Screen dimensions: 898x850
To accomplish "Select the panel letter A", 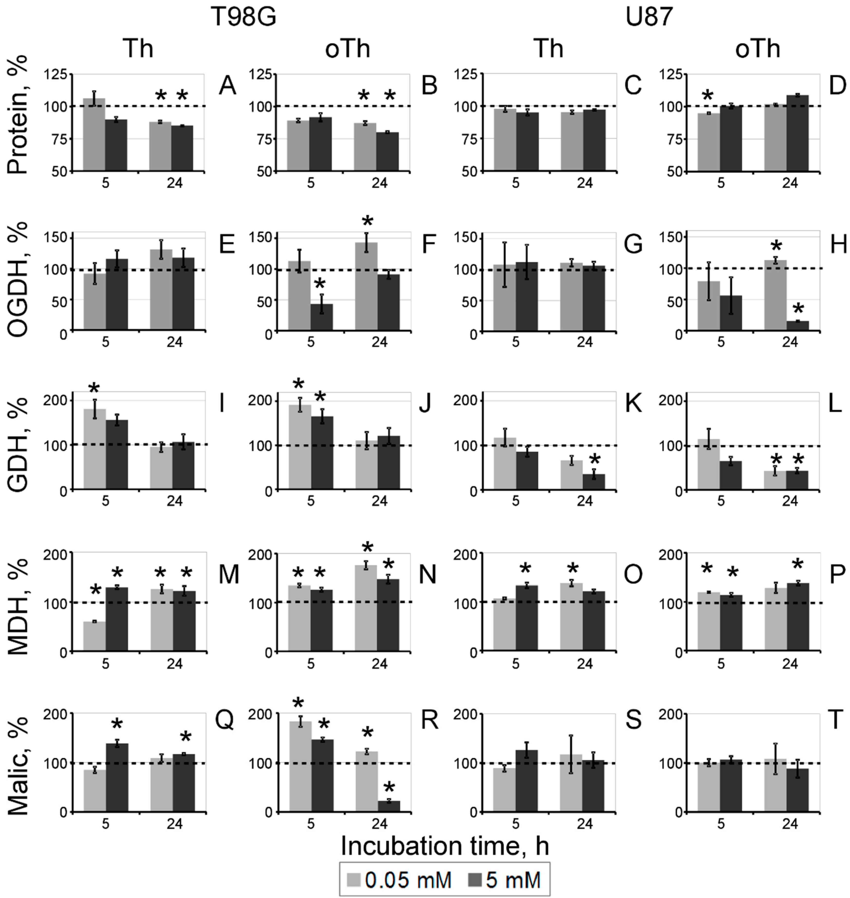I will click(x=227, y=86).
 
